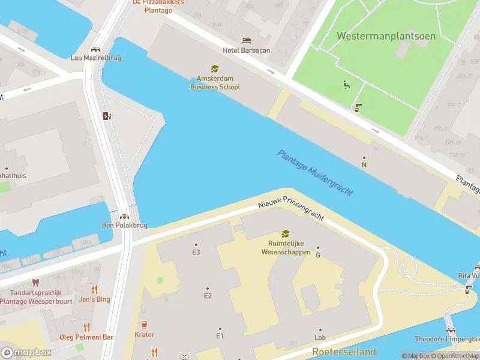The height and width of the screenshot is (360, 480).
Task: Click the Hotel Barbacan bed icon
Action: pos(246,40)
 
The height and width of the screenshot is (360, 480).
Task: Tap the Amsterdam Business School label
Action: pos(215,83)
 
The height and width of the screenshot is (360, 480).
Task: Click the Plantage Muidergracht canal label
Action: pos(314,172)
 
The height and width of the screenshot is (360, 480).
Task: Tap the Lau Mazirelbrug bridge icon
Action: pos(95,49)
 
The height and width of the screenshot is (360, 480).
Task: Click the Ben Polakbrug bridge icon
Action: pos(124,217)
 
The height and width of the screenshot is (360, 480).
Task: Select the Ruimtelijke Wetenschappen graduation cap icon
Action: pos(286,234)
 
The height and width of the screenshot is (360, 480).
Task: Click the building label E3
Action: pos(196,252)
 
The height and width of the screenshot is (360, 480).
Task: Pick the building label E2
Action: pos(208,296)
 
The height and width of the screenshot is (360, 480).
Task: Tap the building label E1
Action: pos(220,335)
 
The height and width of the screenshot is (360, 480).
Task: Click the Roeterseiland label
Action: pos(344,352)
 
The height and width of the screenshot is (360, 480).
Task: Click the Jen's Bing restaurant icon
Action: pos(94,289)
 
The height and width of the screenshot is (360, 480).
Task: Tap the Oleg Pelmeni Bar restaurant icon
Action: pos(87,327)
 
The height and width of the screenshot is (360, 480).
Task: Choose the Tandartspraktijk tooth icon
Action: pos(35,282)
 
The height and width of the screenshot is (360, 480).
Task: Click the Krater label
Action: pos(145,335)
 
